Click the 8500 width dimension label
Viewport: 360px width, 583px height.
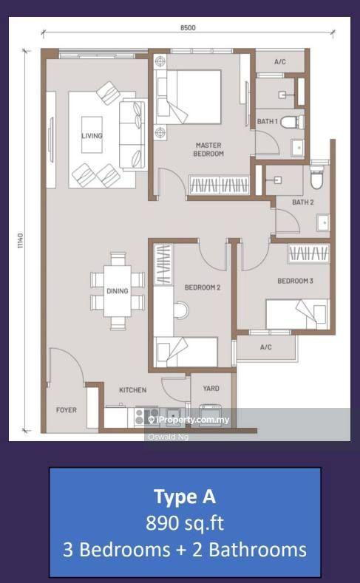(188, 27)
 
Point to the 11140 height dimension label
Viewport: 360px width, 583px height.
(20, 241)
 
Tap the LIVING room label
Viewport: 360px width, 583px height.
(92, 136)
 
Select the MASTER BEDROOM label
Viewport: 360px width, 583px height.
(208, 149)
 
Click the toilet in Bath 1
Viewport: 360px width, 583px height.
(292, 122)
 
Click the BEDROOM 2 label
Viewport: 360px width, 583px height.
(203, 287)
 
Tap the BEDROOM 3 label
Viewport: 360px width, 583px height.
(295, 281)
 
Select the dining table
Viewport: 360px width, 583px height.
(117, 290)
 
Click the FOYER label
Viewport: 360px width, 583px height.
(67, 410)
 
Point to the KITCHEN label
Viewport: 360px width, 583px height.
(133, 389)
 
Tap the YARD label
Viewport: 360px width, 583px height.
(211, 388)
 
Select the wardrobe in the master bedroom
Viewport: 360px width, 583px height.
(220, 185)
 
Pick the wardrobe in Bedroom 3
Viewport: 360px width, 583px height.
(309, 253)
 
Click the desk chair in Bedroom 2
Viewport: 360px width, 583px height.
(181, 310)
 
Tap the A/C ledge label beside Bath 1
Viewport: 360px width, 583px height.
(280, 61)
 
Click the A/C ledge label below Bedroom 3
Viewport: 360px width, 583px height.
(266, 347)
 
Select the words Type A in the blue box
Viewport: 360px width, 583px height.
(185, 497)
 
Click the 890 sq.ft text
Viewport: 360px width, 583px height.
(185, 523)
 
